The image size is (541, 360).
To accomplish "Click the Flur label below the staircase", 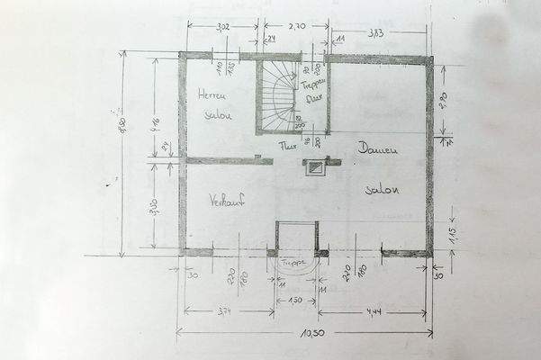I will (x=288, y=145).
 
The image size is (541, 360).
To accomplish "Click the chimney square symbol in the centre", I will (x=315, y=166).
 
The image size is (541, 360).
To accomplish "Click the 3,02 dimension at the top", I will (x=222, y=28).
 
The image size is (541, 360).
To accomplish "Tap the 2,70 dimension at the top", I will (x=298, y=28).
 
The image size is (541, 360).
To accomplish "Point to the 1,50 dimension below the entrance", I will (x=296, y=300).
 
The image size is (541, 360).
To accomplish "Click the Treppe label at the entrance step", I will (x=296, y=263).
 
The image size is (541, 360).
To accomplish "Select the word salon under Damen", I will (x=382, y=190).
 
